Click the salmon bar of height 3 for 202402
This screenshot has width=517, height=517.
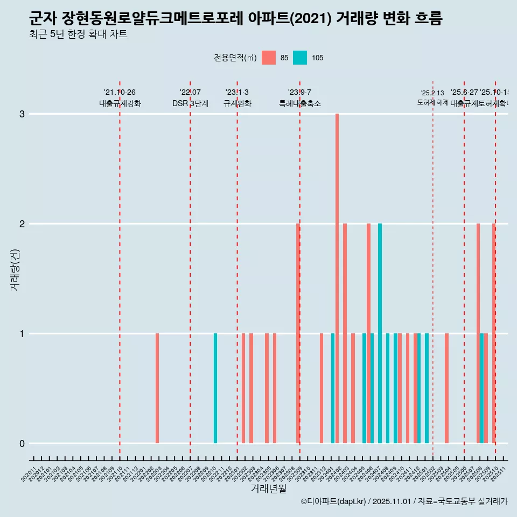click(337, 278)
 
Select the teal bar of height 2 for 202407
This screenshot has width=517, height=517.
click(380, 333)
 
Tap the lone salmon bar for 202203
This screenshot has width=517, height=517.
click(157, 388)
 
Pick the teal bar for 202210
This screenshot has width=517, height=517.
click(215, 388)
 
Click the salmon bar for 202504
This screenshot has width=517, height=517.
click(446, 388)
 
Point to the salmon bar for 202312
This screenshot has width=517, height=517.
click(322, 388)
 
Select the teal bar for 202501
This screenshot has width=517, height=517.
click(427, 388)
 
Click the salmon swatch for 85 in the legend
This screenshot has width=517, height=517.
click(268, 58)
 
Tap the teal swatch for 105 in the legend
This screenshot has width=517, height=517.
click(300, 58)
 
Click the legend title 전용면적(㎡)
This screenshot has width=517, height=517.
click(235, 58)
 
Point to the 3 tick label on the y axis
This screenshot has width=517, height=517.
click(22, 114)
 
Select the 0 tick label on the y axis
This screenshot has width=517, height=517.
click(22, 444)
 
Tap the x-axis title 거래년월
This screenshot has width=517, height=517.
click(268, 489)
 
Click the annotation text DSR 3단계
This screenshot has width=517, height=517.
click(190, 103)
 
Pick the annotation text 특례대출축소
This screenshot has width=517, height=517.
click(299, 103)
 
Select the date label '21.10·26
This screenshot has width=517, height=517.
click(120, 93)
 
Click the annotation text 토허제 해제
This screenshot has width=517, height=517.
click(432, 102)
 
